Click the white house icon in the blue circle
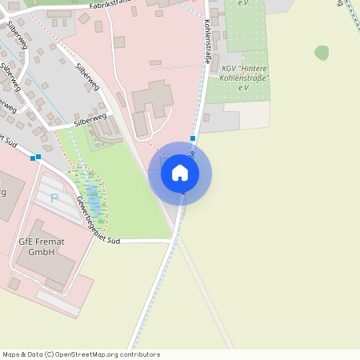pyautogui.click(x=180, y=173)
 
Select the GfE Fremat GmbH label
pyautogui.click(x=36, y=246)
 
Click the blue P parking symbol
pyautogui.click(x=54, y=198)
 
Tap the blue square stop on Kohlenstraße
pyautogui.click(x=193, y=138)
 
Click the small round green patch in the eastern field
pyautogui.click(x=322, y=53)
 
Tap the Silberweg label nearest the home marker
pyautogui.click(x=90, y=119)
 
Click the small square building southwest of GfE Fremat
pyautogui.click(x=14, y=283)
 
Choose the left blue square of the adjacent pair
pyautogui.click(x=32, y=158)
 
